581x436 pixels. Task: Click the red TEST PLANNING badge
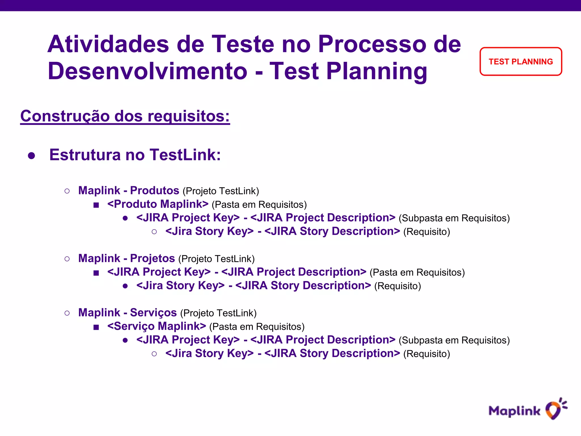click(x=521, y=62)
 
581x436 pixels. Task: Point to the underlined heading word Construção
click(x=65, y=116)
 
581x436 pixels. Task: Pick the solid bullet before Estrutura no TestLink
click(x=31, y=156)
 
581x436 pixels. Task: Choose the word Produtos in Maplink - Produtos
click(x=155, y=190)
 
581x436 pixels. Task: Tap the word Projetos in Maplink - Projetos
click(x=152, y=258)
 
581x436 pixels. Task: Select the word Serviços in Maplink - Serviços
click(x=153, y=313)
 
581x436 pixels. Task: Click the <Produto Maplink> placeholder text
click(x=158, y=204)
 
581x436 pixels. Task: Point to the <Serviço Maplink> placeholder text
click(x=157, y=326)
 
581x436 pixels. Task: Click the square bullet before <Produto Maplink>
click(x=96, y=205)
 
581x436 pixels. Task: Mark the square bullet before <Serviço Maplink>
click(x=96, y=327)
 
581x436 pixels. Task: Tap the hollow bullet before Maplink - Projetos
click(x=67, y=259)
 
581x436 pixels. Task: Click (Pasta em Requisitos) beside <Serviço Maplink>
click(x=257, y=327)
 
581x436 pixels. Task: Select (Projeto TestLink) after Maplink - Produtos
click(x=221, y=191)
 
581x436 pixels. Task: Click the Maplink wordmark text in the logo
click(x=514, y=411)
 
